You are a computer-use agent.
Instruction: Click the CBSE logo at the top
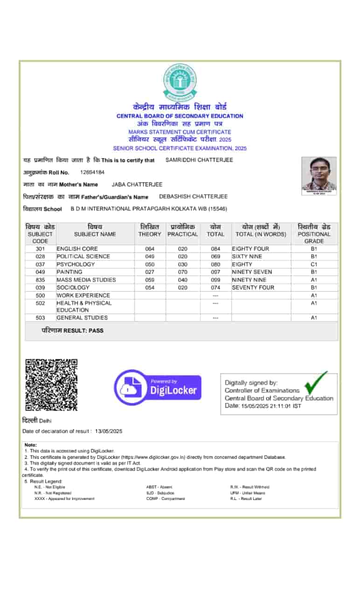tap(180, 83)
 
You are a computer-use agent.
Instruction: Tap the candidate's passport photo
tap(319, 175)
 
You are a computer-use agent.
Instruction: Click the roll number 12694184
tap(92, 172)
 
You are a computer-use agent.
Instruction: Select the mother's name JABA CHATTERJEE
tap(137, 184)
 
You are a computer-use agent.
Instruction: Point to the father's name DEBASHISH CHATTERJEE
tap(194, 196)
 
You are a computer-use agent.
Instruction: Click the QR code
tap(51, 385)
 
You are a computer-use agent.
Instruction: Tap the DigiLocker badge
tap(158, 387)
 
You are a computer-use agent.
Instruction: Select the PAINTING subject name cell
tap(69, 272)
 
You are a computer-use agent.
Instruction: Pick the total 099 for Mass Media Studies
tap(215, 280)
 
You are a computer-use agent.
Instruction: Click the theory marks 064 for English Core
tap(150, 249)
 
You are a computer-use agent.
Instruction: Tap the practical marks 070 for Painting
tap(183, 272)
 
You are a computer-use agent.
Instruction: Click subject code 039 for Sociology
tap(40, 287)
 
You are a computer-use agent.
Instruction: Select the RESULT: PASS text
tap(72, 330)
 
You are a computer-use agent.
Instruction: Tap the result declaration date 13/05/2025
tap(108, 431)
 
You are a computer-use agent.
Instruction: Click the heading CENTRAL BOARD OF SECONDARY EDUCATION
tap(180, 116)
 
